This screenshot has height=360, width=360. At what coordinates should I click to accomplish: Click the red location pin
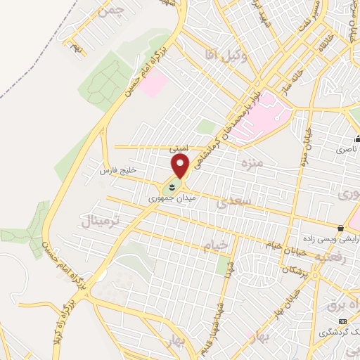coord(181,166)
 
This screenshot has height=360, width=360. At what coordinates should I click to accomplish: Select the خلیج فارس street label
coord(117,171)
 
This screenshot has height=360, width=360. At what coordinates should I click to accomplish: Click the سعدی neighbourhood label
coord(233,204)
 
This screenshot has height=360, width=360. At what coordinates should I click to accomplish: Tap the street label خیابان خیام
coord(285,245)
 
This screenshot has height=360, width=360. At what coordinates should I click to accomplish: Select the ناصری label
coord(345,150)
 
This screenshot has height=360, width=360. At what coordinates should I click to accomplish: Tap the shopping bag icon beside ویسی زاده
coord(341,229)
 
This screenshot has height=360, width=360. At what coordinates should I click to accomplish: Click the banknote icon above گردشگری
coord(342,321)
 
